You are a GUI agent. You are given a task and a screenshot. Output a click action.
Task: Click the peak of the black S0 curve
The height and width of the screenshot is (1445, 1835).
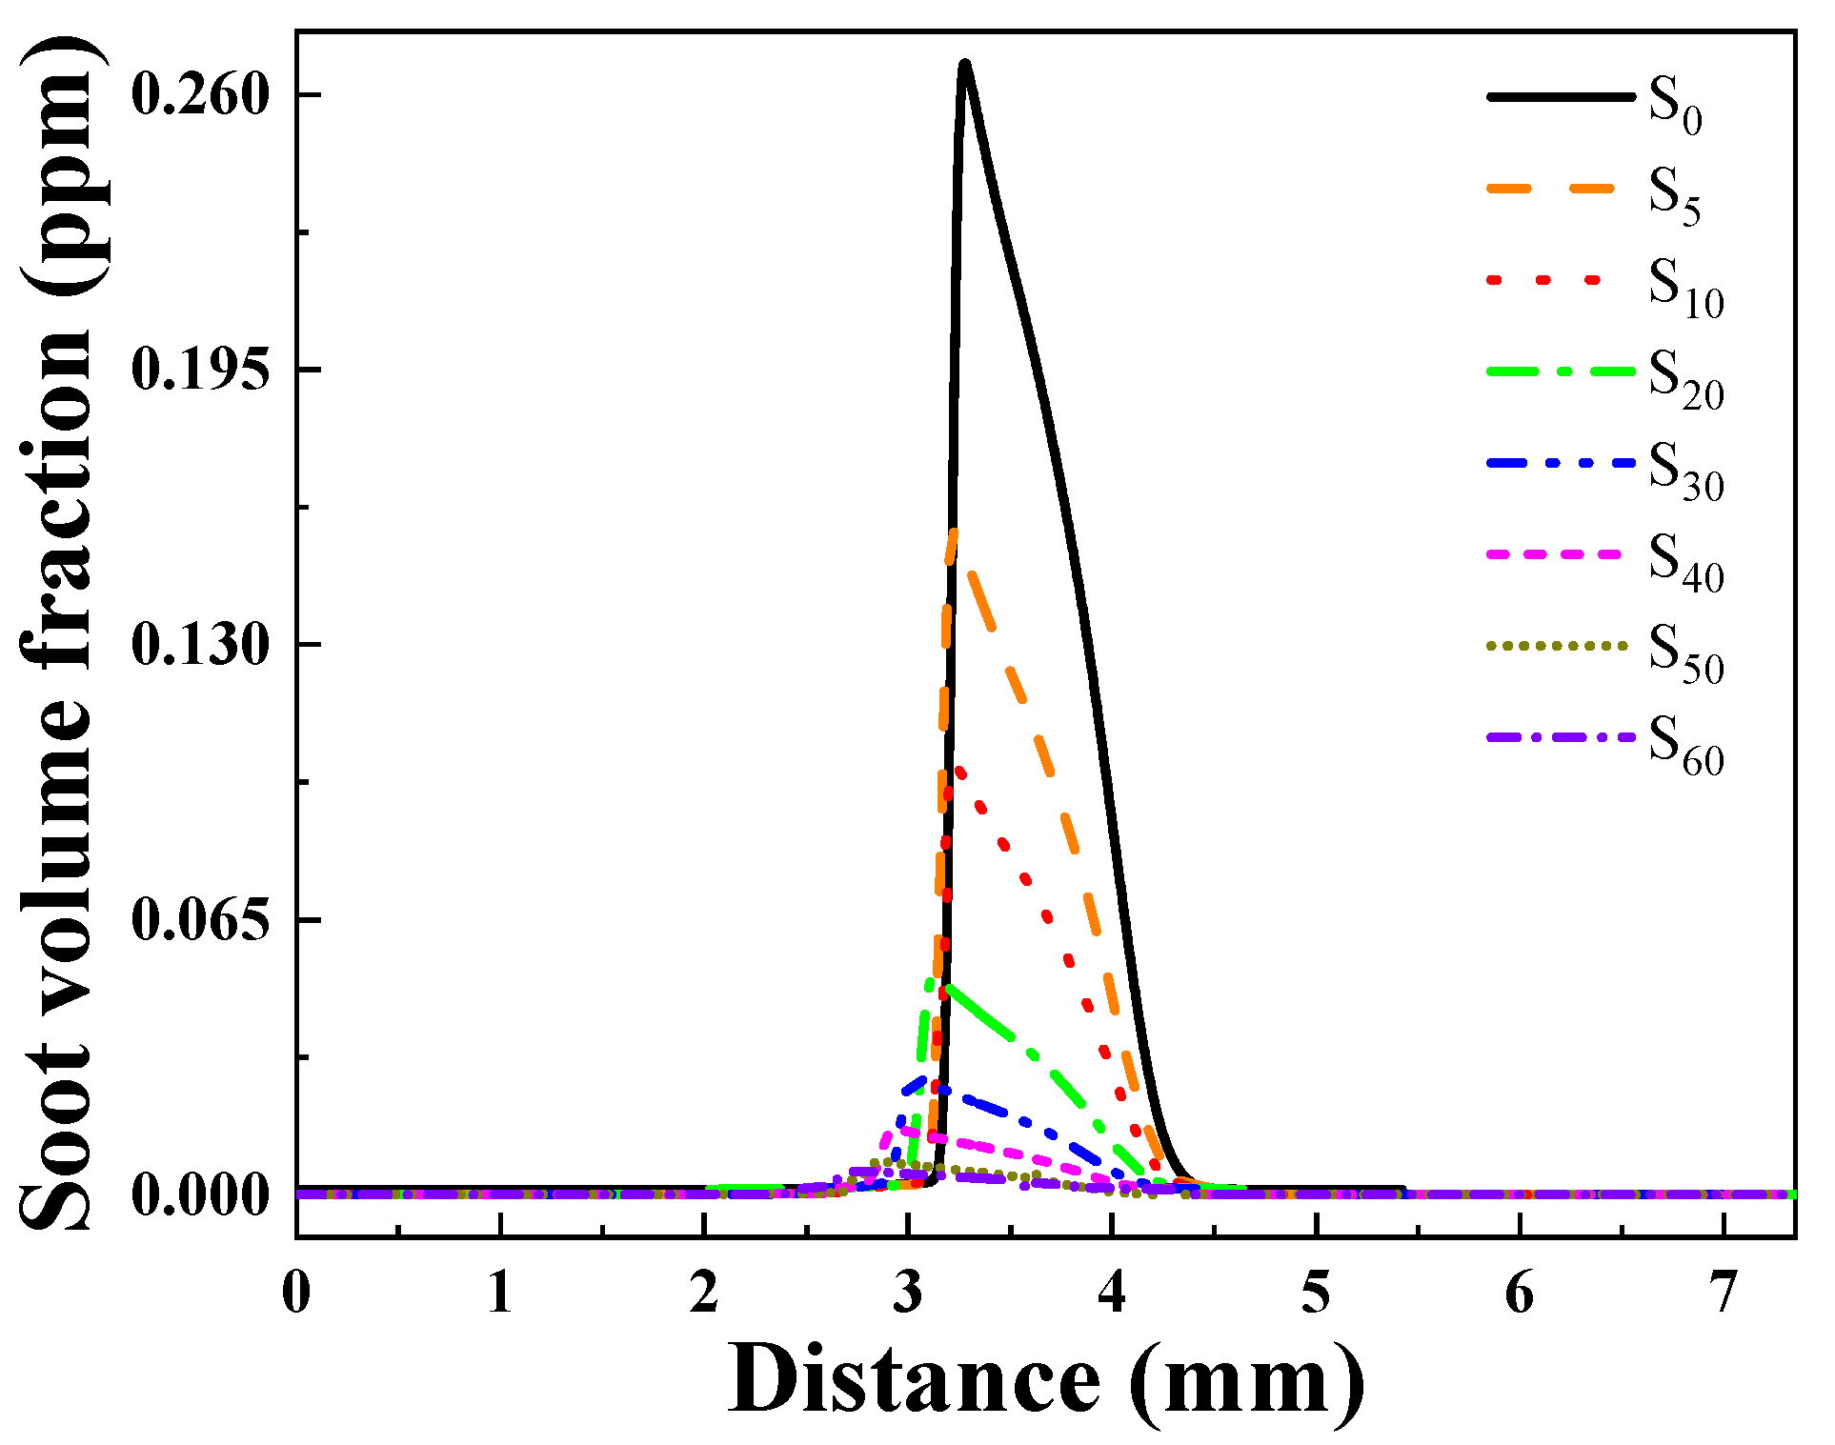click(x=964, y=63)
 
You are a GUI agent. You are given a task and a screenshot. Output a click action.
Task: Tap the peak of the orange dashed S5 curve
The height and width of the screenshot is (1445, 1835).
click(x=953, y=532)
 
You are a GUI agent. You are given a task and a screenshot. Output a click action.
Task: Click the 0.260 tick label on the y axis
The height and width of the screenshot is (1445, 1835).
click(x=200, y=95)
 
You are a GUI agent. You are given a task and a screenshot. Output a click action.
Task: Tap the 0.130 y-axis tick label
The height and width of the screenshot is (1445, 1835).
click(x=200, y=645)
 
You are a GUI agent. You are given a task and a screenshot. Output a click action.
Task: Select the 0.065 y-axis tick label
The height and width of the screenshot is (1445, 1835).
click(x=200, y=920)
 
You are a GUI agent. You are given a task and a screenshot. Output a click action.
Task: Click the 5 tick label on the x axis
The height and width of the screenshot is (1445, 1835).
click(x=1316, y=1294)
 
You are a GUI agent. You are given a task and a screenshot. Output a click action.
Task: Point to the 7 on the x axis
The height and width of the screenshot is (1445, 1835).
click(x=1724, y=1294)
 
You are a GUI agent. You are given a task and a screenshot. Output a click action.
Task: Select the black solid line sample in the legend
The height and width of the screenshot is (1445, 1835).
click(x=1560, y=96)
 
